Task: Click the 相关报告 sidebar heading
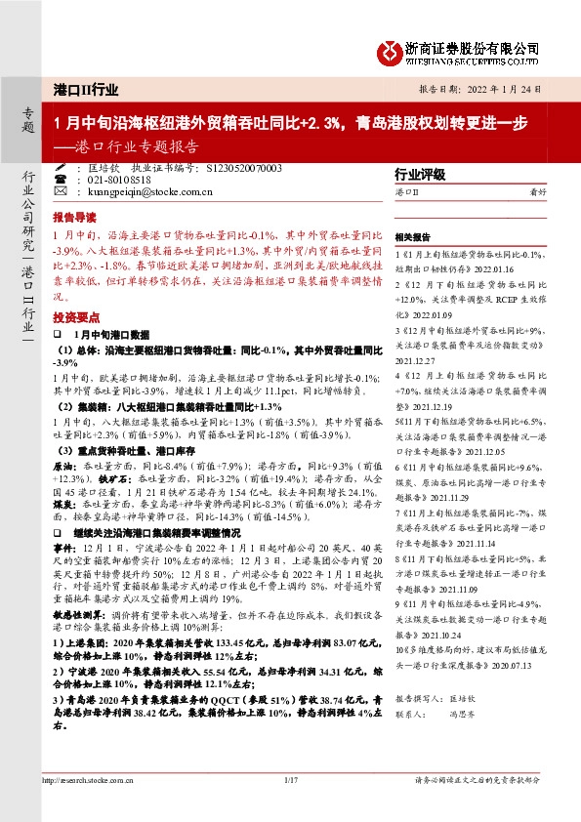click(411, 237)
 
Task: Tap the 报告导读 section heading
click(74, 217)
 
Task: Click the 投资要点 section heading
click(74, 318)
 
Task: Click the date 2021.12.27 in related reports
click(415, 359)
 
